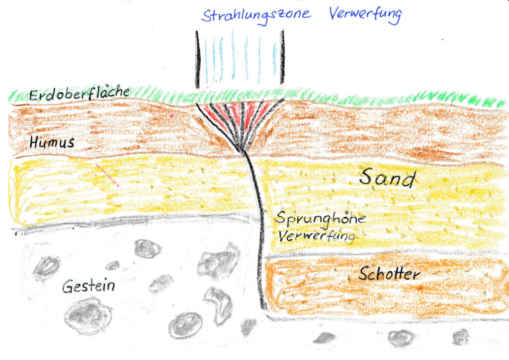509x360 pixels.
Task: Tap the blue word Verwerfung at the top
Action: click(x=364, y=14)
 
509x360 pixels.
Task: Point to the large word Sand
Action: click(x=387, y=178)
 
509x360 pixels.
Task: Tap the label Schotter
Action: click(x=389, y=273)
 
